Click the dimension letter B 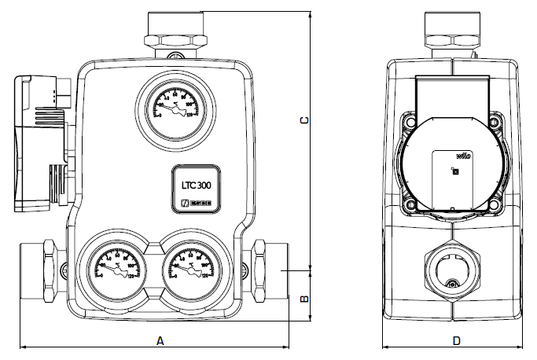(x=304, y=299)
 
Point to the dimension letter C (x=304, y=119)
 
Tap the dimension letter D (x=457, y=341)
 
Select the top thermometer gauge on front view (x=170, y=108)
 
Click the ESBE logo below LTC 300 (x=196, y=204)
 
